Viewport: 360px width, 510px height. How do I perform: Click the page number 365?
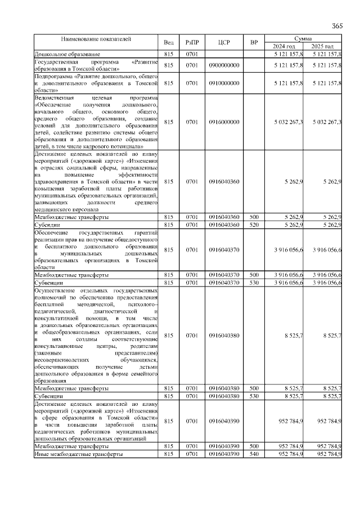coord(337,26)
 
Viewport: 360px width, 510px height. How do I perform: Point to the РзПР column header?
coord(192,43)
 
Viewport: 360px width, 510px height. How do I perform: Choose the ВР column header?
coord(254,43)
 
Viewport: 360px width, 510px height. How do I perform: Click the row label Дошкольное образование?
coord(62,53)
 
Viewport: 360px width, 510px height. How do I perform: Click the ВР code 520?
coord(254,225)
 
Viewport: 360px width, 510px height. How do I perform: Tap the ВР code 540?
coord(254,453)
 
